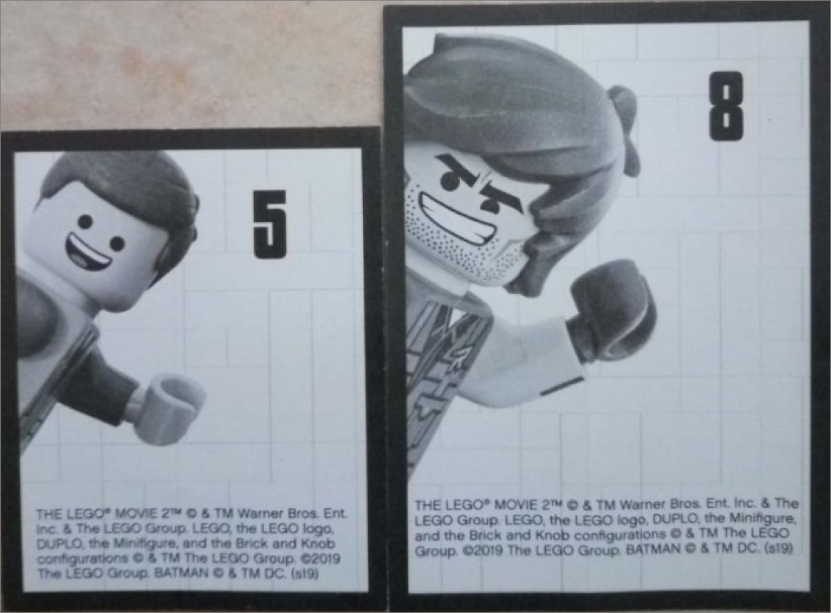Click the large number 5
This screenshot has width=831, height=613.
pos(270,224)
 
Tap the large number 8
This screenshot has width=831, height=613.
pos(726,107)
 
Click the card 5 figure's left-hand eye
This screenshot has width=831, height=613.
pos(84,222)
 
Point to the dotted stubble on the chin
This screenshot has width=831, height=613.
pos(461,239)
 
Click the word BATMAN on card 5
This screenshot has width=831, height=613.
pos(181,574)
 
